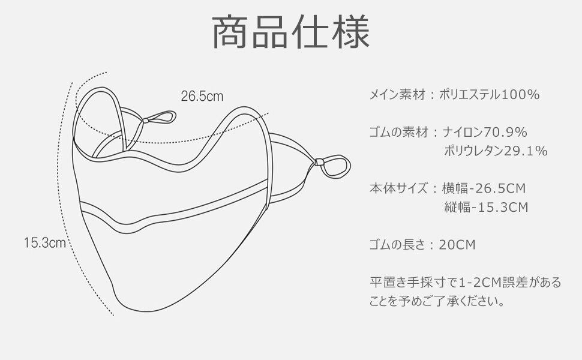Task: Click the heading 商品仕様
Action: pyautogui.click(x=291, y=33)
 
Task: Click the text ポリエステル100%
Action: pyautogui.click(x=490, y=95)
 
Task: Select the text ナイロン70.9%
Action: pyautogui.click(x=485, y=132)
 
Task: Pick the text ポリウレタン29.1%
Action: pyautogui.click(x=496, y=151)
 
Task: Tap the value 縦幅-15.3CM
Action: pyautogui.click(x=486, y=208)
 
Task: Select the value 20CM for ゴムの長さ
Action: pyautogui.click(x=457, y=245)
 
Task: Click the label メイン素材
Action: pyautogui.click(x=397, y=95)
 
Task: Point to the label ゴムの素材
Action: pyautogui.click(x=397, y=132)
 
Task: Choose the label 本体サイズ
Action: pyautogui.click(x=397, y=188)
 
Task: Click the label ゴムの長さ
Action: pyautogui.click(x=397, y=245)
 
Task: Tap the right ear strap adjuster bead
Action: pyautogui.click(x=319, y=161)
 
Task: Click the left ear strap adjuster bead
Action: pyautogui.click(x=145, y=121)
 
